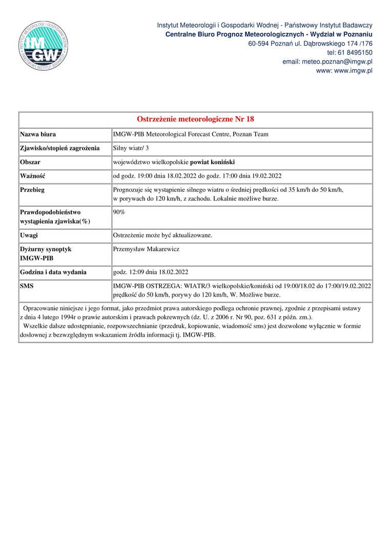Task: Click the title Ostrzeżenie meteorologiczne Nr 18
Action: [196, 120]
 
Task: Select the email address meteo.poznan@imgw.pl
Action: [327, 62]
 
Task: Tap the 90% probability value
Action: [118, 211]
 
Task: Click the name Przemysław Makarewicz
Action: [146, 249]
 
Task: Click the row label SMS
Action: [27, 286]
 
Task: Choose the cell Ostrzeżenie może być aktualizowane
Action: [162, 235]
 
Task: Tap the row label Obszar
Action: [30, 162]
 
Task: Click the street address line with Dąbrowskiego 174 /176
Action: [310, 43]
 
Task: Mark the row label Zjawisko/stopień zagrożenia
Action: [59, 148]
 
